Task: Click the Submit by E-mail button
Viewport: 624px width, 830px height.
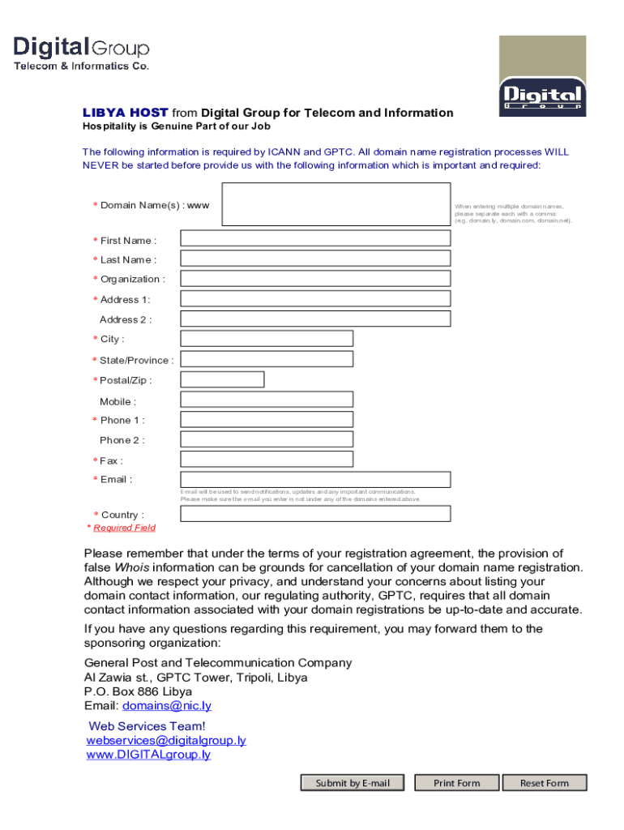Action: (353, 783)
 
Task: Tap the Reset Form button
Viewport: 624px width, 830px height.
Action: (544, 783)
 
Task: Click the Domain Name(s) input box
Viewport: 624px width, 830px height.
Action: (336, 204)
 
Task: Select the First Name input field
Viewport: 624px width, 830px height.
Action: (315, 238)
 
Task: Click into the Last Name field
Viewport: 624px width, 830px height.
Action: (315, 259)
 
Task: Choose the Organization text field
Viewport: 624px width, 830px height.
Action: (315, 278)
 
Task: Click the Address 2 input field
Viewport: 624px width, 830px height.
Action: (315, 319)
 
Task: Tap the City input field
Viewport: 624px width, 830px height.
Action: (267, 339)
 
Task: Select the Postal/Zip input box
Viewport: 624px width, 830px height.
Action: (222, 379)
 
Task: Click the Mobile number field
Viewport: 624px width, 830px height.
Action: (267, 400)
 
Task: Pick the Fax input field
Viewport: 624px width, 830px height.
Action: (267, 460)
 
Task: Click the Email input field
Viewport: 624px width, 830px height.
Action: (315, 480)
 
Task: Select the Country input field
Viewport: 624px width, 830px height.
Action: (315, 514)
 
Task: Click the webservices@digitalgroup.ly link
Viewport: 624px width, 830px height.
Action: (166, 741)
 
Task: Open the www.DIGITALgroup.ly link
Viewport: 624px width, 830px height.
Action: (148, 755)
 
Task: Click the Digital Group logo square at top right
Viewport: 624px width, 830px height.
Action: (541, 75)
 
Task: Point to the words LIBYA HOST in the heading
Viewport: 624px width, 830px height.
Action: (126, 113)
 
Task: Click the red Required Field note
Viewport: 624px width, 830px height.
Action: (123, 528)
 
